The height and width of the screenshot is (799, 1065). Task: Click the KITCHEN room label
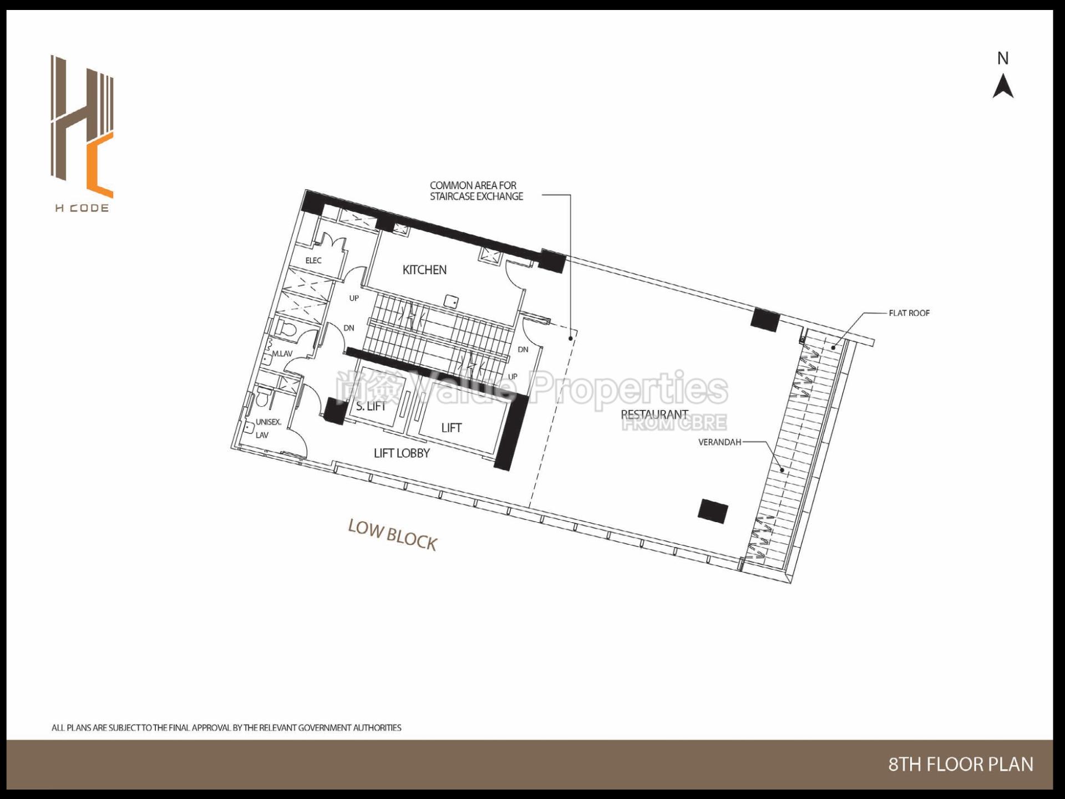pyautogui.click(x=424, y=270)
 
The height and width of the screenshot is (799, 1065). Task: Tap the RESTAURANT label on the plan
pyautogui.click(x=654, y=414)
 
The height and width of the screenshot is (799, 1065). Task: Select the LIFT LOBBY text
pyautogui.click(x=402, y=453)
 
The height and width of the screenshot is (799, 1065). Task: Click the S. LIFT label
pyautogui.click(x=371, y=406)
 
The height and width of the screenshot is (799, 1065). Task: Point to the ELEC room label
pyautogui.click(x=313, y=260)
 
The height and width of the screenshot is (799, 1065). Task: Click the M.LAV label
pyautogui.click(x=282, y=353)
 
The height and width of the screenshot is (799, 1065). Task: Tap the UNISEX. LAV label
pyautogui.click(x=267, y=428)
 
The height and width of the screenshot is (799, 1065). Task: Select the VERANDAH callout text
pyautogui.click(x=719, y=442)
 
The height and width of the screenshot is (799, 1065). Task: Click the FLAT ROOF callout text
pyautogui.click(x=909, y=313)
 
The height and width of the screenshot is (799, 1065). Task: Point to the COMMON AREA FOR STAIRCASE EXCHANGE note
pyautogui.click(x=475, y=190)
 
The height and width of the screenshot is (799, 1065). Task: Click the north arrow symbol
pyautogui.click(x=1003, y=88)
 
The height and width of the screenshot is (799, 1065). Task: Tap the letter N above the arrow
pyautogui.click(x=1003, y=58)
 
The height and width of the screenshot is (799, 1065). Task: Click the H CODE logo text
pyautogui.click(x=82, y=209)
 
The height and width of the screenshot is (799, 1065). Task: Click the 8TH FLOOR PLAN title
pyautogui.click(x=961, y=764)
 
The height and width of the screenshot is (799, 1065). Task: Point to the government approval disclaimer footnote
pyautogui.click(x=226, y=727)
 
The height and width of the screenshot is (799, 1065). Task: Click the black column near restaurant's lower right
pyautogui.click(x=713, y=511)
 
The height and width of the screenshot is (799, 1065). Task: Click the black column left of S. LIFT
pyautogui.click(x=335, y=411)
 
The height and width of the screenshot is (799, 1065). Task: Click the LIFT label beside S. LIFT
pyautogui.click(x=451, y=428)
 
